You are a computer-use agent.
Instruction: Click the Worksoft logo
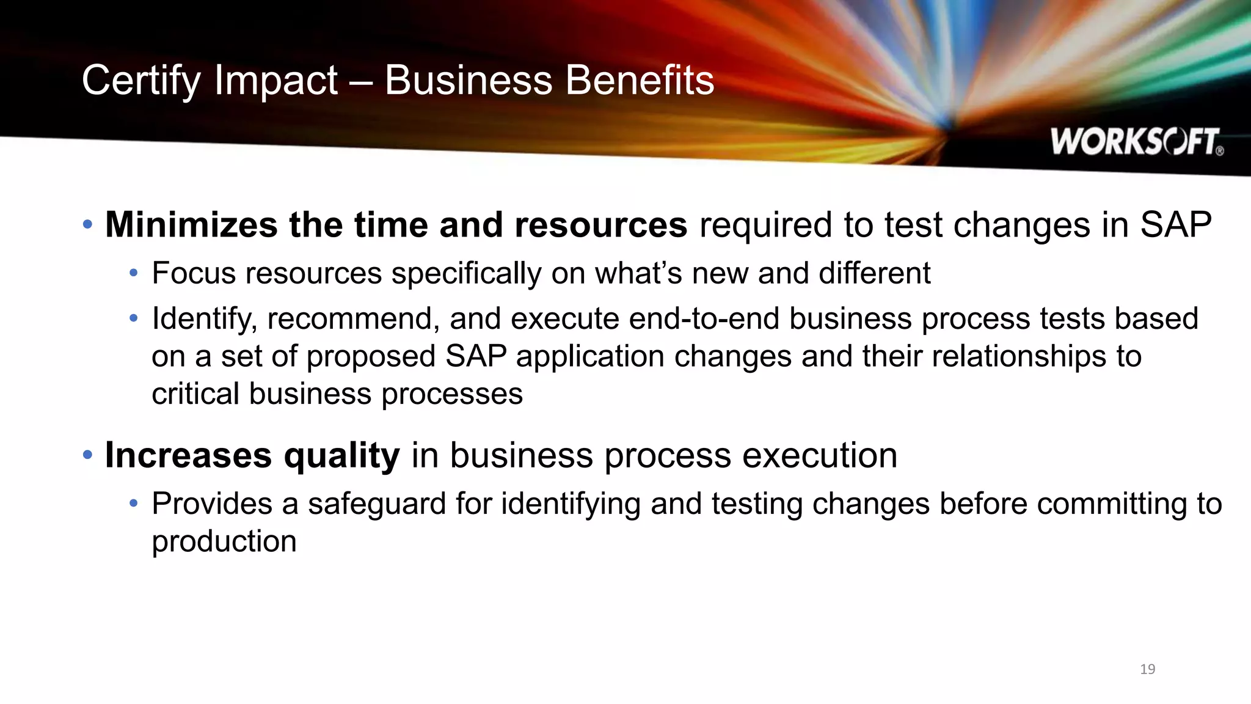1137,142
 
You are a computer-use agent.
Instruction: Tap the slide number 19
1147,669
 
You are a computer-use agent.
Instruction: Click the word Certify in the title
141,81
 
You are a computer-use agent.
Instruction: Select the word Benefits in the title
640,81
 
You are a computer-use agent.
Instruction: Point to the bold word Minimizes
191,225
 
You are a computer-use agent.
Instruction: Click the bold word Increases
188,455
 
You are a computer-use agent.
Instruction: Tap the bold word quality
342,457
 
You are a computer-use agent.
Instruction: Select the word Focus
193,273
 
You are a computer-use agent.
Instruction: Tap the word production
224,542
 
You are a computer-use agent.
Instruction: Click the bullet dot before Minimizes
87,225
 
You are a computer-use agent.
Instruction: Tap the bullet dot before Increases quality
87,455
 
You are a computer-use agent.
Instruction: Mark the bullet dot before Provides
134,504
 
